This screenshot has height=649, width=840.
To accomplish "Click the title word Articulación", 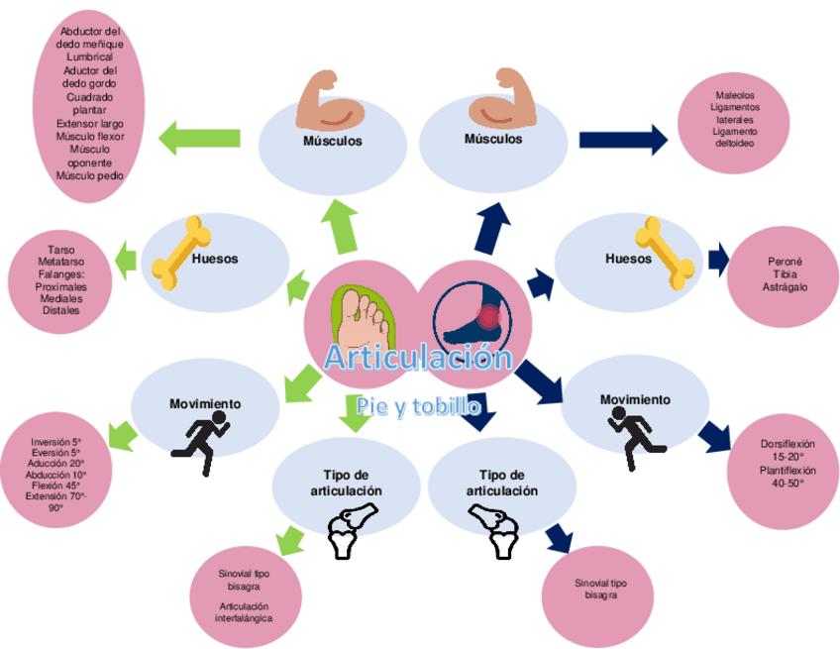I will point(419,357).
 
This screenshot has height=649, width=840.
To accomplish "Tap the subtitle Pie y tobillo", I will point(420,406).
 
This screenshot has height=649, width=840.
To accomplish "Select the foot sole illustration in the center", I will point(364,313).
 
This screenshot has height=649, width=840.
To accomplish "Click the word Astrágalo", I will point(786,286).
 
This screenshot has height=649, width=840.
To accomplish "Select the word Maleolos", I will point(735,95).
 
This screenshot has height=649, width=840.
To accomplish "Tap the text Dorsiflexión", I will point(787,444).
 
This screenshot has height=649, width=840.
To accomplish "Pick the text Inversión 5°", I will point(56,442).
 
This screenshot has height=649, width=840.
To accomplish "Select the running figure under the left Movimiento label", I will point(201,442).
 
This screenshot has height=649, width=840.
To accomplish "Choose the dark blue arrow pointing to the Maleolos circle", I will point(623,140).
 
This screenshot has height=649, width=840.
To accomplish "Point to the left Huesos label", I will point(215,259).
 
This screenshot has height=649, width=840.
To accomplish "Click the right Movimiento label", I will point(635,399).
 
